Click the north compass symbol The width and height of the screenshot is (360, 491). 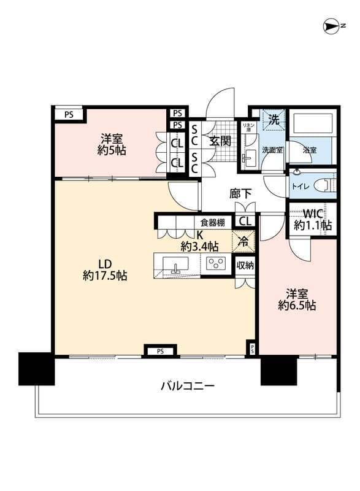click(x=332, y=26)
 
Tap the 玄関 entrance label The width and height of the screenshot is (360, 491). click(x=220, y=141)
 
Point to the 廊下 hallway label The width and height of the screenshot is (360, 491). click(x=240, y=193)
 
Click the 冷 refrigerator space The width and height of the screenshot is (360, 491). click(x=244, y=241)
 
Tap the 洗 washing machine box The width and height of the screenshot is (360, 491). click(x=274, y=119)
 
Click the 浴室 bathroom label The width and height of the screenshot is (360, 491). click(x=310, y=149)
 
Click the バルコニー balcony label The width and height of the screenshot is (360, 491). click(x=187, y=386)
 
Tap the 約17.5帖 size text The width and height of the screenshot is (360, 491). click(x=105, y=276)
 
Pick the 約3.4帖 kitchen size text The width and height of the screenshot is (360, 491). click(x=199, y=247)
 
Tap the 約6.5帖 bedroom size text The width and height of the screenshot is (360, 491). click(x=297, y=305)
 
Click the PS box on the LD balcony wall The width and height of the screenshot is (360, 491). click(x=160, y=351)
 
